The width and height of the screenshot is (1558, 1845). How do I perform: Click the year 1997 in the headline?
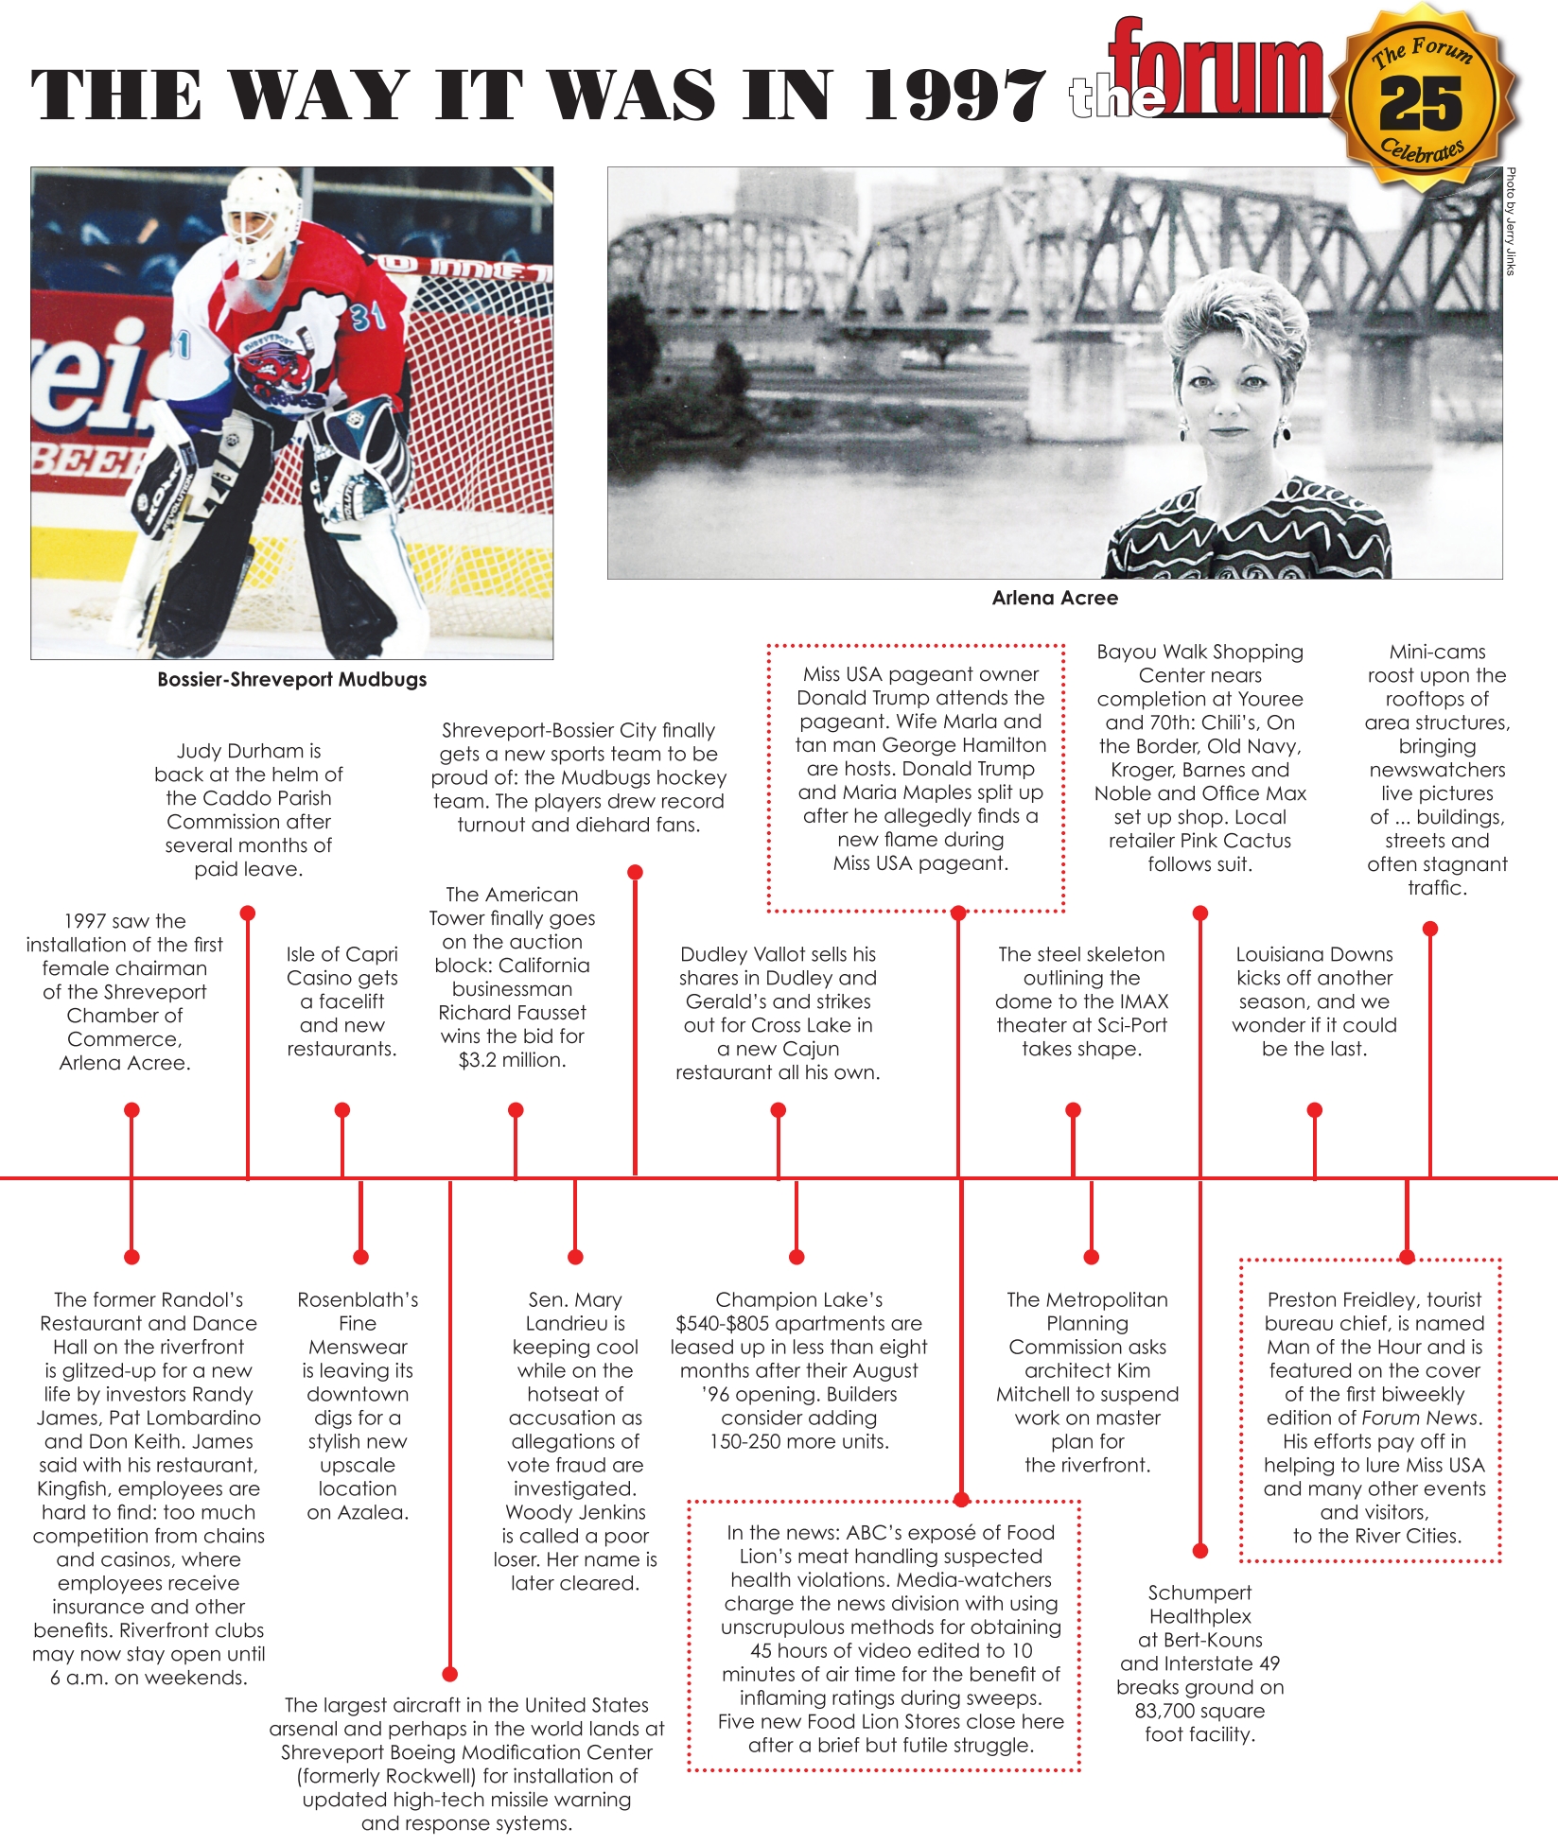tap(955, 96)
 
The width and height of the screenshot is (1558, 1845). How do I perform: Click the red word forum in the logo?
tap(1220, 71)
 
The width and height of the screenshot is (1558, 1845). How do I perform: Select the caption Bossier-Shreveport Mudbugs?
tap(291, 680)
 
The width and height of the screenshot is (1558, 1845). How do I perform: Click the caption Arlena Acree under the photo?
tap(1055, 598)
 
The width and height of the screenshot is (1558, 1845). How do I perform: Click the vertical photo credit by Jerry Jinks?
tap(1511, 221)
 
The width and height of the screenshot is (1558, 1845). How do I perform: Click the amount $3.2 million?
tap(512, 1060)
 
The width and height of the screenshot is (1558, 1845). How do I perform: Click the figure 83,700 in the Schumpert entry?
tap(1165, 1711)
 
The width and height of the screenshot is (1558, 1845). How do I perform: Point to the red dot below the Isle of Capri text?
tap(342, 1109)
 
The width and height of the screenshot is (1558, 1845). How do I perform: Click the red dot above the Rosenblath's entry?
tap(360, 1257)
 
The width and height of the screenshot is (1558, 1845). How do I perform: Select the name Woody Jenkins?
tap(575, 1512)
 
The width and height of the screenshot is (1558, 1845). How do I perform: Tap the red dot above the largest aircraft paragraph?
tap(450, 1674)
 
